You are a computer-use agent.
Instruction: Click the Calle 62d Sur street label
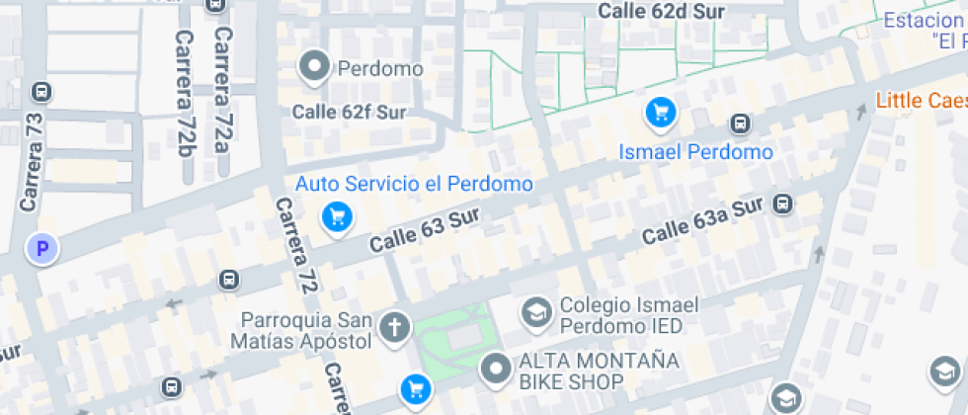[x=661, y=13]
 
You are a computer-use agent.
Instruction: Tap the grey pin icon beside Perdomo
[x=315, y=67]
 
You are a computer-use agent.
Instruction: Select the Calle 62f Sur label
[x=349, y=112]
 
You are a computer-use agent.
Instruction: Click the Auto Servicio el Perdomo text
[x=414, y=185]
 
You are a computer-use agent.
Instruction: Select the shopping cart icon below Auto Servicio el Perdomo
[x=338, y=216]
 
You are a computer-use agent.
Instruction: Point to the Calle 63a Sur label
[x=703, y=223]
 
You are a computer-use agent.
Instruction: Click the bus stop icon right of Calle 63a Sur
[x=782, y=205]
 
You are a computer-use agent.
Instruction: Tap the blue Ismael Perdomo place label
[x=695, y=152]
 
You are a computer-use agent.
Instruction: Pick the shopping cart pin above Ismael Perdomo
[x=661, y=112]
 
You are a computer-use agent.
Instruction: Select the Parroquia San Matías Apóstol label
[x=306, y=331]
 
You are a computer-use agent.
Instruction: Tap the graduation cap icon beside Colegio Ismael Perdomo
[x=536, y=313]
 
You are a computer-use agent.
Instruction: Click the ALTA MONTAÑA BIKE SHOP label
[x=599, y=371]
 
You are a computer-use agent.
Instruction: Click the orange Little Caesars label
[x=921, y=100]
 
